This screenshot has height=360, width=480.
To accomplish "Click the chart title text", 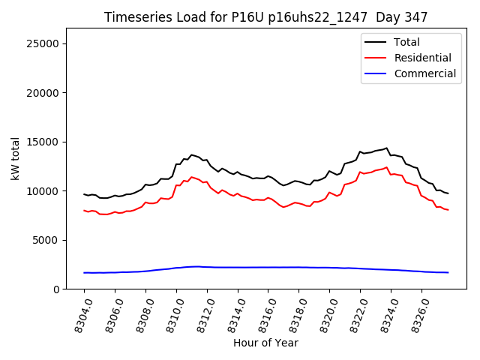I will (x=265, y=17).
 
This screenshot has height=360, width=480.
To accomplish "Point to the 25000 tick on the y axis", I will (x=43, y=43).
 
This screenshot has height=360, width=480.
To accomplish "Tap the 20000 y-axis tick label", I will (x=43, y=93).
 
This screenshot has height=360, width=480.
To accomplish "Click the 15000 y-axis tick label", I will (x=43, y=142).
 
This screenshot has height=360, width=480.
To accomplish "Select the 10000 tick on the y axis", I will (x=43, y=191).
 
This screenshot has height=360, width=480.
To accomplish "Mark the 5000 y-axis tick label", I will (x=46, y=240).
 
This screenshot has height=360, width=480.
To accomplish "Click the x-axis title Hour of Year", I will (x=265, y=343).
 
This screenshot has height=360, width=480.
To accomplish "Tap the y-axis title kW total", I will (x=15, y=158).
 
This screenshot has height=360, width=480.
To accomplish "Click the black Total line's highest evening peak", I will (x=386, y=148).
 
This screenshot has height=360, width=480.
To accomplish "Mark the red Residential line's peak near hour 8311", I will (x=191, y=177).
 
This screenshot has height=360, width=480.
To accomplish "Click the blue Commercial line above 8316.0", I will (x=268, y=267).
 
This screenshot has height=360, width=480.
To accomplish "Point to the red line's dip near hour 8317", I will (x=283, y=207).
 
